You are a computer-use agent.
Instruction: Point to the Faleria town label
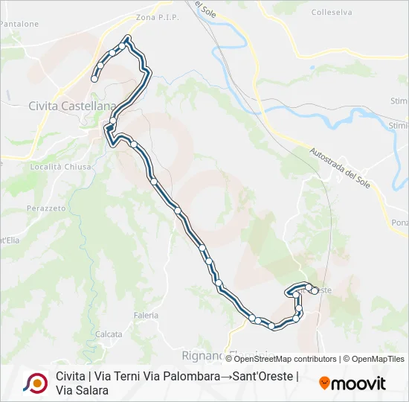(146, 316)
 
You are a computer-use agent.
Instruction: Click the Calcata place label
(109, 334)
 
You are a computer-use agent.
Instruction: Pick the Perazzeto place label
(46, 208)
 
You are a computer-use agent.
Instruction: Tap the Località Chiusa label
(61, 167)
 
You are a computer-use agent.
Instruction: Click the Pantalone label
(19, 24)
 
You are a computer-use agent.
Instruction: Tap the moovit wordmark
(358, 383)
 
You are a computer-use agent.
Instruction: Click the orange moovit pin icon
(324, 383)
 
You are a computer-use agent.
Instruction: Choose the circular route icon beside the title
(35, 383)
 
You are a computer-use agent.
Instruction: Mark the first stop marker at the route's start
(94, 78)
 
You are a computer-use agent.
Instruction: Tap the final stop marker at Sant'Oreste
(315, 290)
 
